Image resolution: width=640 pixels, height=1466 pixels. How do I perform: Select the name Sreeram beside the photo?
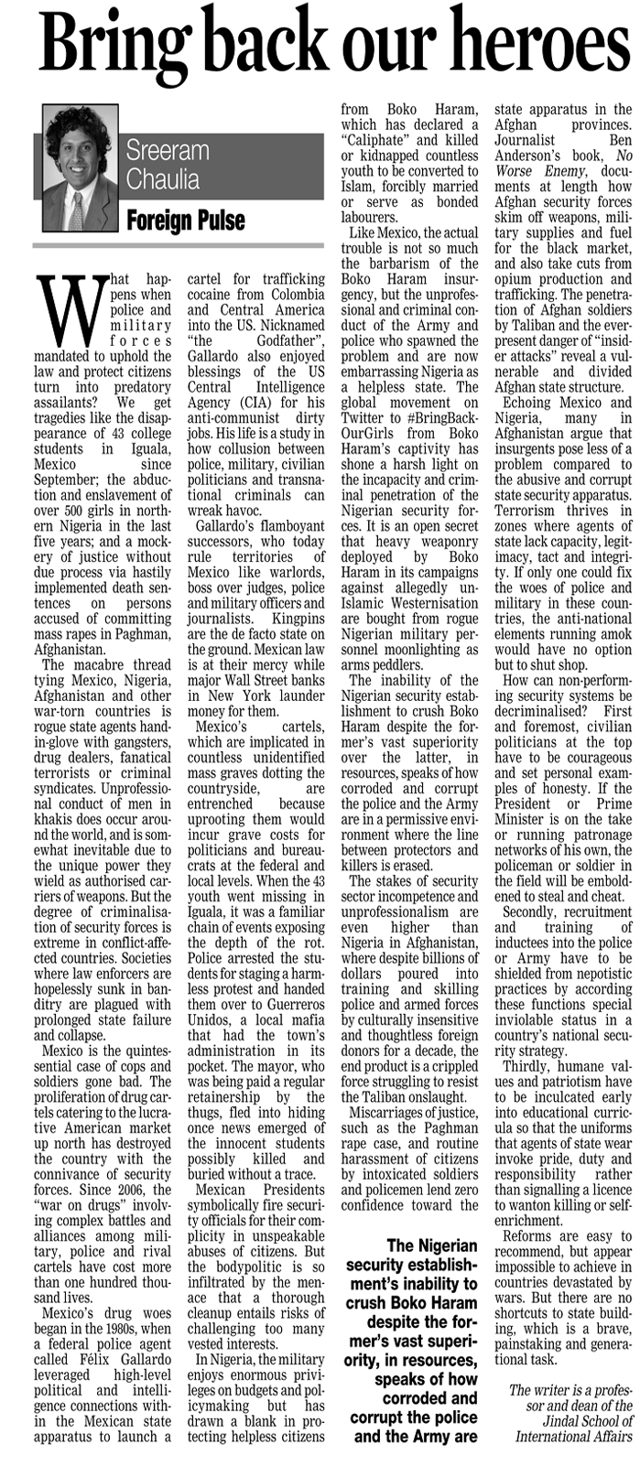coord(168,150)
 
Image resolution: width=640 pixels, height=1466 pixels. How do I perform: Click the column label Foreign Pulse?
coord(186,221)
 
